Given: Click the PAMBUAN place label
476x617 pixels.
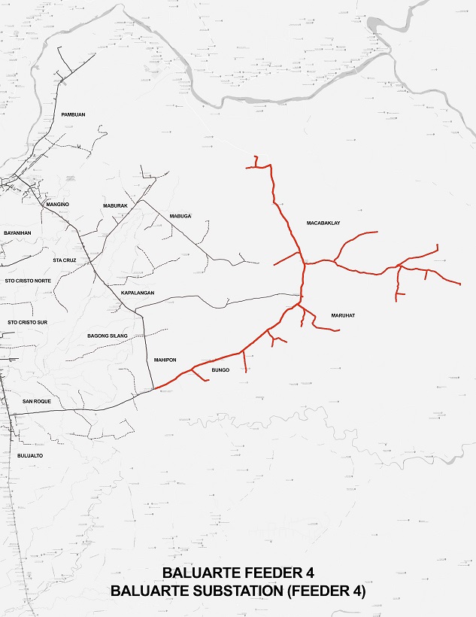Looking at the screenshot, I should coord(73,114).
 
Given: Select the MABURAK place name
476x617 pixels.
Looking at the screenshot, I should coord(115,205).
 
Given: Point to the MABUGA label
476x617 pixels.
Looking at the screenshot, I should coord(180,216).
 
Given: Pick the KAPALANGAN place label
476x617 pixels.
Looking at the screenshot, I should coord(138,292).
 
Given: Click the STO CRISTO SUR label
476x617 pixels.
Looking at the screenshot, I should coord(27,322).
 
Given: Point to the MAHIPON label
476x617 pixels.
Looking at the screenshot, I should coord(165,360).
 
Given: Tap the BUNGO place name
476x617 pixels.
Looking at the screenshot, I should coord(220,370).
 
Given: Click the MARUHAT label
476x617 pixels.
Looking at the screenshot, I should coord(342,315).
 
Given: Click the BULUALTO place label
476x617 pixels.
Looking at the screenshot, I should coord(30,456).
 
